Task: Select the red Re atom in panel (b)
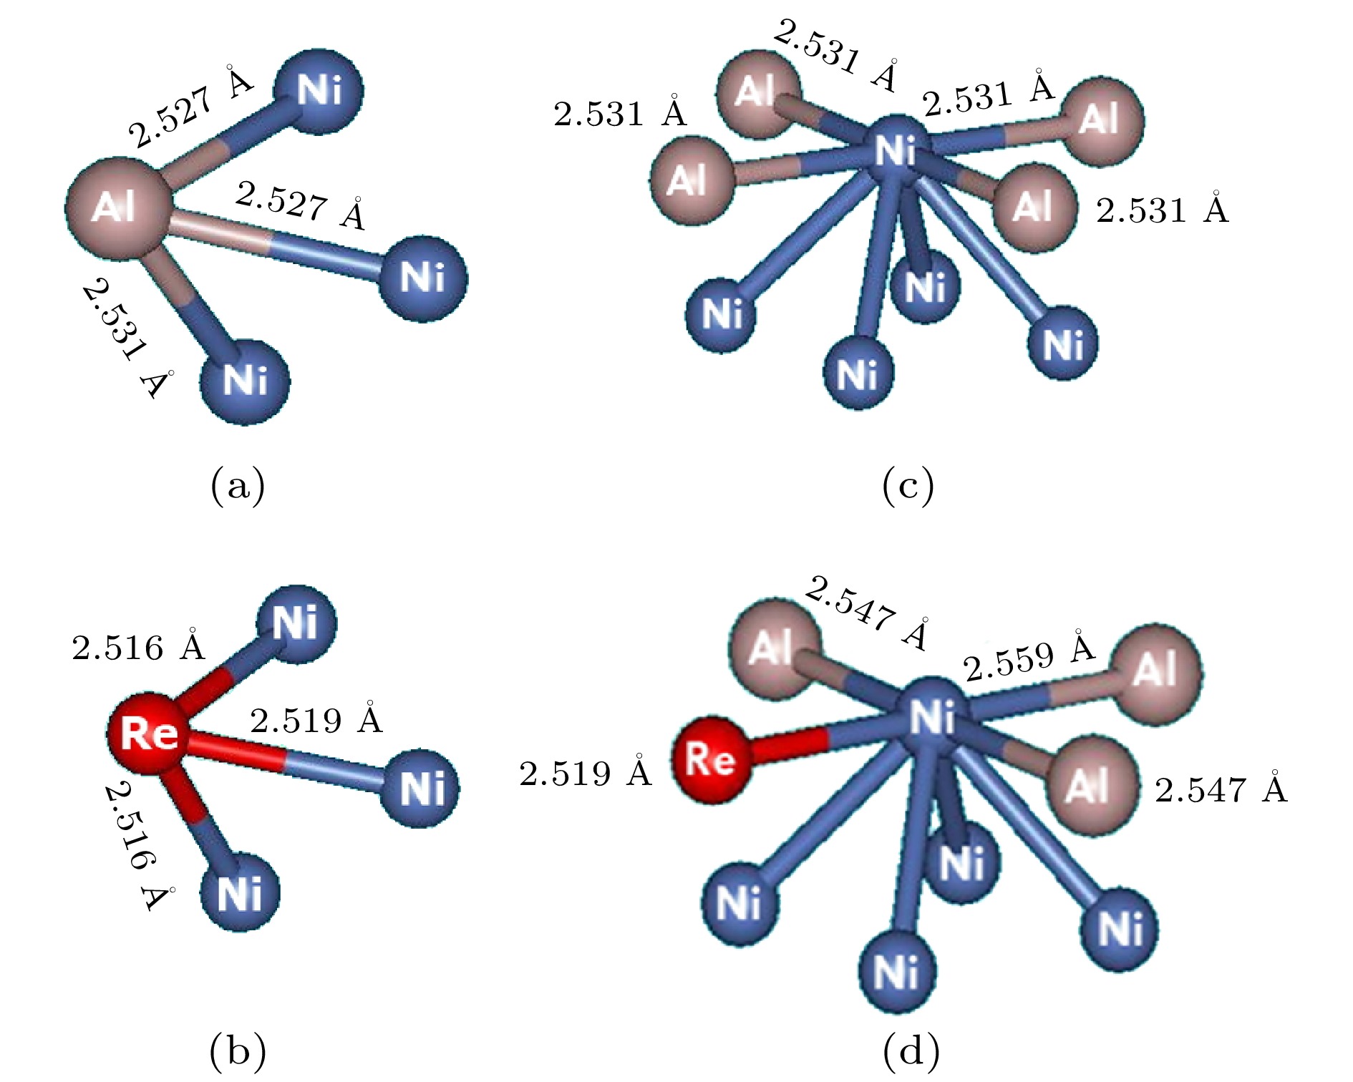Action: pyautogui.click(x=149, y=733)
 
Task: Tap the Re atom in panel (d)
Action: pyautogui.click(x=710, y=759)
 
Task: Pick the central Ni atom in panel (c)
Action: pyautogui.click(x=896, y=151)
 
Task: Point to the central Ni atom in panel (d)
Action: pyautogui.click(x=932, y=716)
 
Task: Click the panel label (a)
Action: pyautogui.click(x=238, y=487)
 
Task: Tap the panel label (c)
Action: pyautogui.click(x=908, y=487)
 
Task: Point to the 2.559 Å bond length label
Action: pyautogui.click(x=1029, y=657)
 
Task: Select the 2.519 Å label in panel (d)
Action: pyautogui.click(x=586, y=774)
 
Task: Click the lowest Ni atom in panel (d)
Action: pyautogui.click(x=898, y=972)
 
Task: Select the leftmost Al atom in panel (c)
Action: pyautogui.click(x=692, y=180)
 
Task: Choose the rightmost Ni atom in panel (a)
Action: pyautogui.click(x=422, y=278)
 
